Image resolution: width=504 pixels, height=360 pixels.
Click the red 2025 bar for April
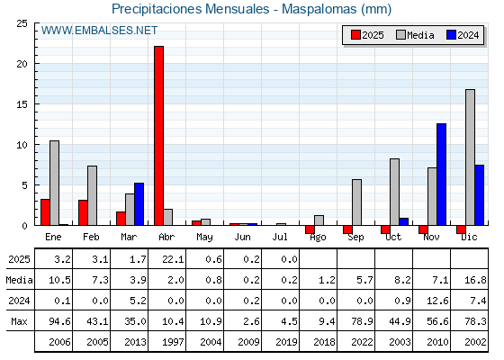coord(158,136)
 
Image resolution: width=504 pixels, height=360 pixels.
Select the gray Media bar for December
coord(470,157)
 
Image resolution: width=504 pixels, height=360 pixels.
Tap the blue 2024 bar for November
coord(441,175)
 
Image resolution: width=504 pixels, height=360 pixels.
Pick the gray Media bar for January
coord(54,183)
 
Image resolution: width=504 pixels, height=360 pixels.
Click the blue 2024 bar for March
coord(139,204)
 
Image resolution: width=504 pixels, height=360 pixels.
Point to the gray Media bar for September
coord(356,202)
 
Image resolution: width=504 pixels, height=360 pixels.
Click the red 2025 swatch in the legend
coord(355,35)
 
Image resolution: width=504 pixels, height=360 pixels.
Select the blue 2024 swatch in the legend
coord(451,35)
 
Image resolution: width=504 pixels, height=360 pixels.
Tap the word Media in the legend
coord(420,35)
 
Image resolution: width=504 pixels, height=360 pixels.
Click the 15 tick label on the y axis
coord(22,104)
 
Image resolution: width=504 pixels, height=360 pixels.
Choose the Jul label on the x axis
coord(280,237)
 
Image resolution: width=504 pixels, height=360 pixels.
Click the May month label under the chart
coord(204,238)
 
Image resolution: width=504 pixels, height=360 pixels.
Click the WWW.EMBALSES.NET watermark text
coord(99,31)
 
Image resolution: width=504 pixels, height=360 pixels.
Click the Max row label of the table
coord(19,321)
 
